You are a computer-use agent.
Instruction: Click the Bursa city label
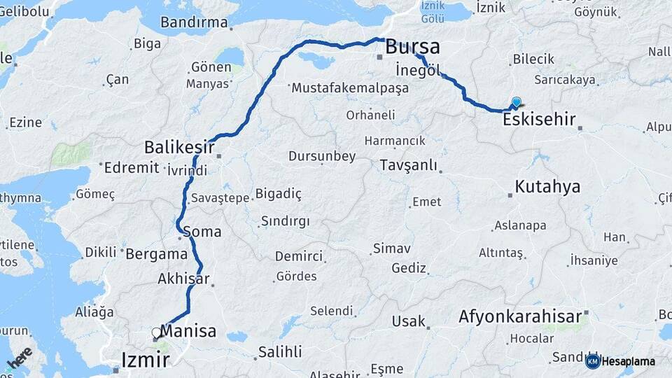(x=413, y=48)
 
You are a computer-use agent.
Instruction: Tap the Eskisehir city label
(x=539, y=120)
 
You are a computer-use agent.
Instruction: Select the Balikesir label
(x=179, y=147)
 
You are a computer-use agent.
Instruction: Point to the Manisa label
(x=188, y=331)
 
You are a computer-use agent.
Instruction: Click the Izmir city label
(x=146, y=360)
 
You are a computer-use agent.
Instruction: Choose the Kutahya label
(x=547, y=187)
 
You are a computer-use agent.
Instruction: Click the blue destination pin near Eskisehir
(x=517, y=102)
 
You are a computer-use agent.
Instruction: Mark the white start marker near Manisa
(x=156, y=332)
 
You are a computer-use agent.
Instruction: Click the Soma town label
(x=202, y=232)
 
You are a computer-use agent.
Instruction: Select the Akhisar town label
(x=183, y=279)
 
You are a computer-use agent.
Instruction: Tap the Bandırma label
(x=194, y=22)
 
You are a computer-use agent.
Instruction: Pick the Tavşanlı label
(x=408, y=166)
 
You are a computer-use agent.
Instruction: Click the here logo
(x=20, y=358)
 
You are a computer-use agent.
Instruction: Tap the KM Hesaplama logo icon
(x=593, y=361)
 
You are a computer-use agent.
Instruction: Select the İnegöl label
(x=418, y=71)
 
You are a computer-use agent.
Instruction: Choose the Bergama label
(x=155, y=254)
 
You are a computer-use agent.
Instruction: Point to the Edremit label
(x=132, y=168)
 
